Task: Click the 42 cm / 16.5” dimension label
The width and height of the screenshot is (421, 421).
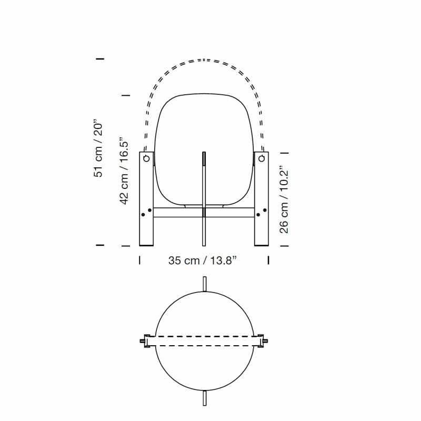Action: coord(125,168)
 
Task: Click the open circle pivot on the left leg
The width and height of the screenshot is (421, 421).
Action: coord(146,158)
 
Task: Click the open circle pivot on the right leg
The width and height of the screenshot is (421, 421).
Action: coord(262,158)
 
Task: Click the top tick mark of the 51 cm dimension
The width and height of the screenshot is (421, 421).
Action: coord(100,58)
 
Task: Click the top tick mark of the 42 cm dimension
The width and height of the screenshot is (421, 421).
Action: coord(125,95)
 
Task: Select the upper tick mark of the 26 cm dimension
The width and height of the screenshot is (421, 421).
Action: coord(285,152)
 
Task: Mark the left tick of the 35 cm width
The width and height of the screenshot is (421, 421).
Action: coord(139,260)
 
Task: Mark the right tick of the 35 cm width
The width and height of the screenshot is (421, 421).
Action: coord(268,260)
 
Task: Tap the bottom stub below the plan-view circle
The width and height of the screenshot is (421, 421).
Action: coord(204,398)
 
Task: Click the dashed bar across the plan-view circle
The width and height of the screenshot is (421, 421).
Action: coord(204,340)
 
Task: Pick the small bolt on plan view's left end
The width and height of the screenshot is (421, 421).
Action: coord(142,340)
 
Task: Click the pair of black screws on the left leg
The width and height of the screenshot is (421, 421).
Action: coord(146,213)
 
